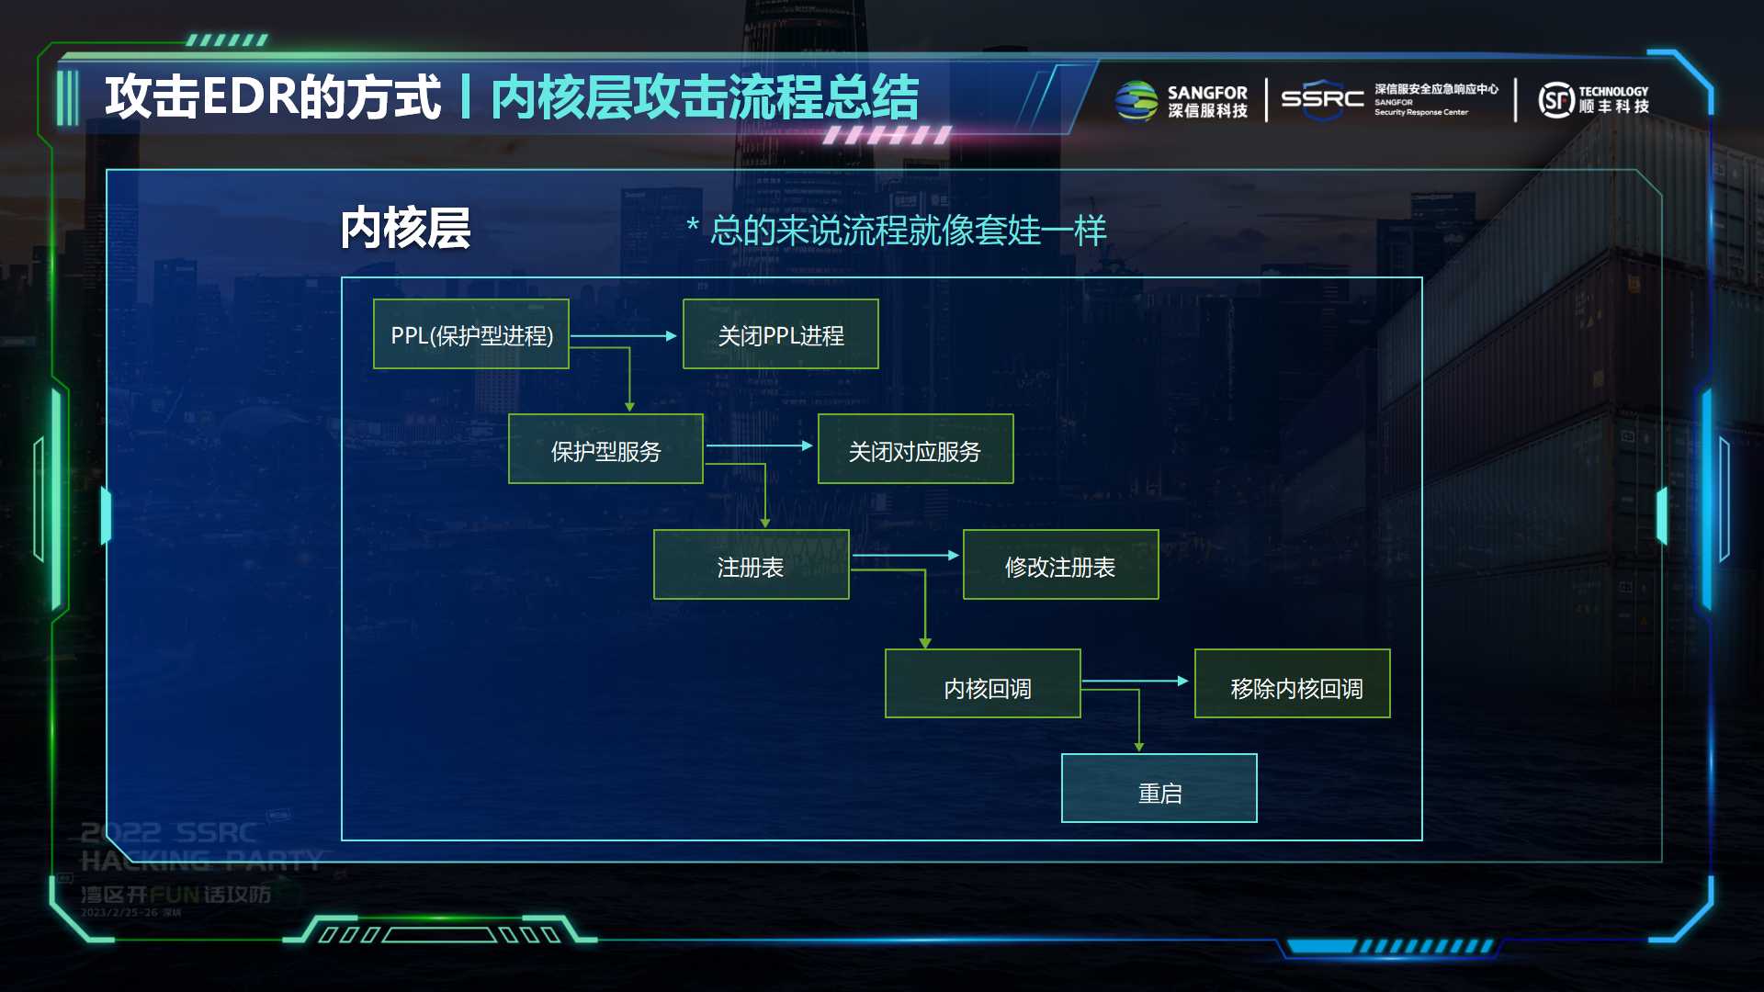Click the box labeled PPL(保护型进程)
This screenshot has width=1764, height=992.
tap(470, 334)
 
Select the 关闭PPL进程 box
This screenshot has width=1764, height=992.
tap(780, 334)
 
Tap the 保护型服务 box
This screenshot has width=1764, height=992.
tap(605, 449)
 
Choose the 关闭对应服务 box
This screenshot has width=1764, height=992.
tap(915, 449)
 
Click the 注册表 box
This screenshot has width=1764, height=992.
tap(751, 565)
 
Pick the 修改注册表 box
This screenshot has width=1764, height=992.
tap(1060, 565)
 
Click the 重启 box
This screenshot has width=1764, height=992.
tap(1159, 789)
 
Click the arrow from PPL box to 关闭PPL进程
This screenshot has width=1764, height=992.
tap(625, 336)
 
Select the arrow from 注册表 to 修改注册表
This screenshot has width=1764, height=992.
tap(906, 556)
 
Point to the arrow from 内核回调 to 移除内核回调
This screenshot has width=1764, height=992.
tap(1136, 682)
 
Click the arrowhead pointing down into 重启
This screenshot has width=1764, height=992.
tap(1139, 747)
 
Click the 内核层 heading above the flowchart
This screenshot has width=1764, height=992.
tap(405, 228)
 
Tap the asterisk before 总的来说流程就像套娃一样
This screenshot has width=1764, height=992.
tap(693, 226)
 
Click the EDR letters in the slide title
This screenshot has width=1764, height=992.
tap(248, 97)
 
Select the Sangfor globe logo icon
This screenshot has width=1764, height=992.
tap(1136, 101)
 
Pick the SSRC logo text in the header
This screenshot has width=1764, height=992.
tap(1322, 97)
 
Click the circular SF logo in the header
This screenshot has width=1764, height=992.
tap(1556, 100)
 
